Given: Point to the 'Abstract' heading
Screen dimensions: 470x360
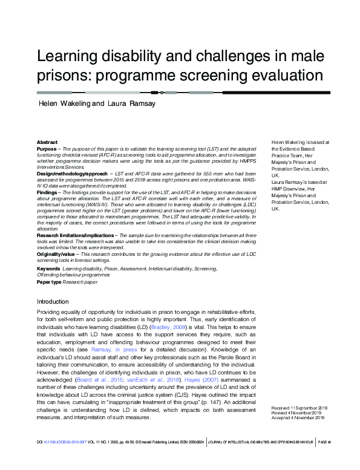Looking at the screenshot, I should [47, 142].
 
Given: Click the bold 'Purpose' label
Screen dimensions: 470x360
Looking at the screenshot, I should [46, 148].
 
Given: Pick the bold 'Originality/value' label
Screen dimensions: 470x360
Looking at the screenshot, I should [55, 254].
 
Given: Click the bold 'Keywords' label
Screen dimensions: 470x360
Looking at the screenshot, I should [48, 267].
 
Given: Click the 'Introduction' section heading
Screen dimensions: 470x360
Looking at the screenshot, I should [53, 301].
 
